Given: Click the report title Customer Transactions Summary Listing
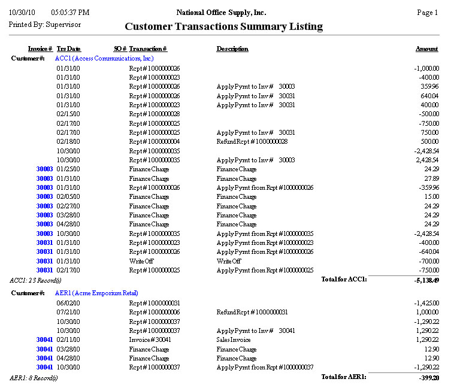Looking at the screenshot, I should point(223,26).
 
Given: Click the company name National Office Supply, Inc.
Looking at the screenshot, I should point(222,13).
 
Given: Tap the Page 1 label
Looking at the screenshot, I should point(427,13).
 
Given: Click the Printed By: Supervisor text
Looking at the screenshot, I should point(45,25).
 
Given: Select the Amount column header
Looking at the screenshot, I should point(426,49).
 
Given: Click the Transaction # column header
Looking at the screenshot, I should point(148,49).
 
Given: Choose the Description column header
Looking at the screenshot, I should point(232,49).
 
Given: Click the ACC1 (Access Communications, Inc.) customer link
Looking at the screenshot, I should point(104,58).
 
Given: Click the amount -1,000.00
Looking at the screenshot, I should point(426,68).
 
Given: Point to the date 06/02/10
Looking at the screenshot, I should point(68,303).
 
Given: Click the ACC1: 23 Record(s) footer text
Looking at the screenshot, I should point(35,280).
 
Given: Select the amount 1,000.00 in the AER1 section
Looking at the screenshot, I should point(427,312).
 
